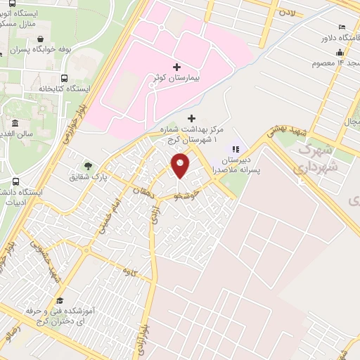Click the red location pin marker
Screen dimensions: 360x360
[x=181, y=165]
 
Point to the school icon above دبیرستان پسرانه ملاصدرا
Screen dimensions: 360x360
[x=236, y=149]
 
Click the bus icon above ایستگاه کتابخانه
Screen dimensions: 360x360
[x=65, y=79]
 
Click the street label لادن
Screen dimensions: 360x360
[x=286, y=12]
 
